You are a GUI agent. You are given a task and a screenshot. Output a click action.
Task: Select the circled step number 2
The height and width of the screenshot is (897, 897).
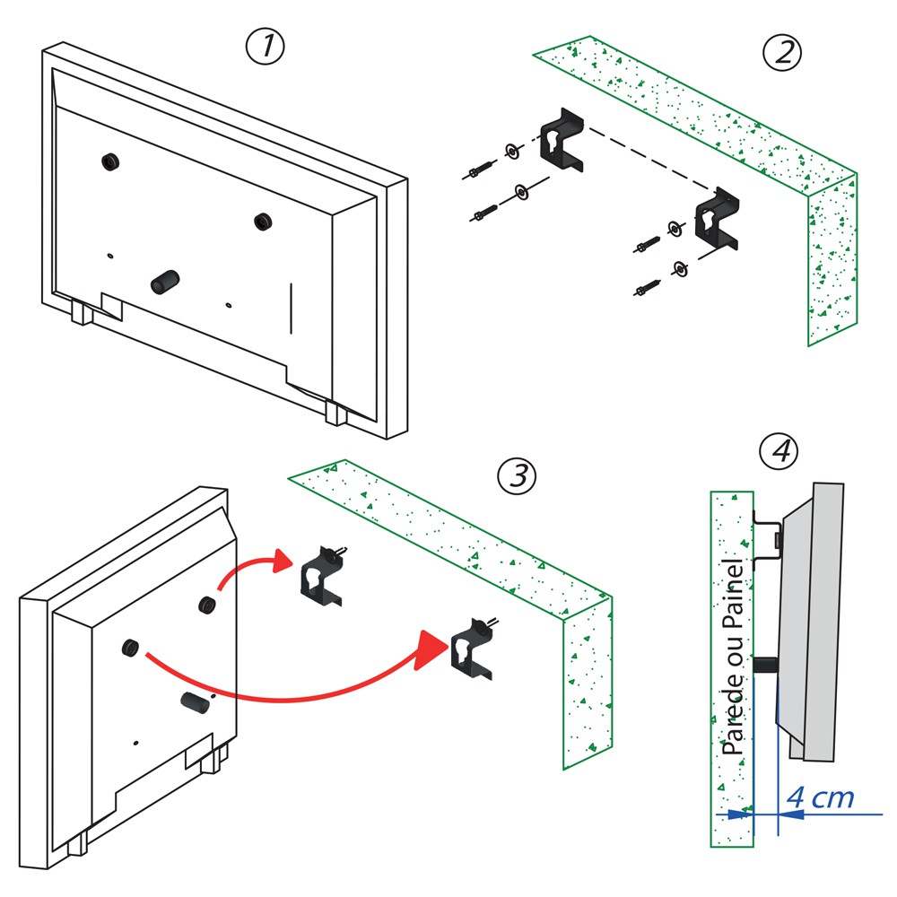pos(782,54)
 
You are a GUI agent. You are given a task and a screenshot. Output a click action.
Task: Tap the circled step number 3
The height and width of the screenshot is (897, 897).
pos(518,476)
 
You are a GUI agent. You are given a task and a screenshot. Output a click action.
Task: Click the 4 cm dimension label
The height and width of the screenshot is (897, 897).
pos(820,797)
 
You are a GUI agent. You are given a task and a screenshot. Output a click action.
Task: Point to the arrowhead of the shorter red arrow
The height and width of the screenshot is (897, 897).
pos(283,561)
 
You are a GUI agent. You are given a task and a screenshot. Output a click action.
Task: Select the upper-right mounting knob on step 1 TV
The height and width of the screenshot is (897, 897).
pos(262,221)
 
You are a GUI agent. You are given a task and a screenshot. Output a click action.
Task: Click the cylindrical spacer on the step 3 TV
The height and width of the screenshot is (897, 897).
pos(195,702)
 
